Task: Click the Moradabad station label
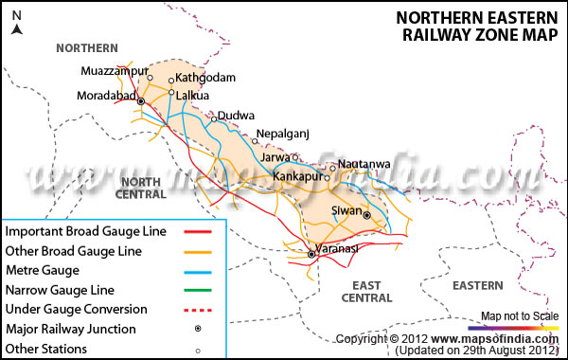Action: point(107,95)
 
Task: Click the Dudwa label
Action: point(236,117)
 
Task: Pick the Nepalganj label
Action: point(284,135)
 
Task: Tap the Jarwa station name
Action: point(275,158)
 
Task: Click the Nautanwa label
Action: point(364,165)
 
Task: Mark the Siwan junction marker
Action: point(366,214)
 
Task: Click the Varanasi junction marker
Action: point(311,254)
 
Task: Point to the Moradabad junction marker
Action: point(141,100)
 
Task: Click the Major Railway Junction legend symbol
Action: point(198,329)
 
